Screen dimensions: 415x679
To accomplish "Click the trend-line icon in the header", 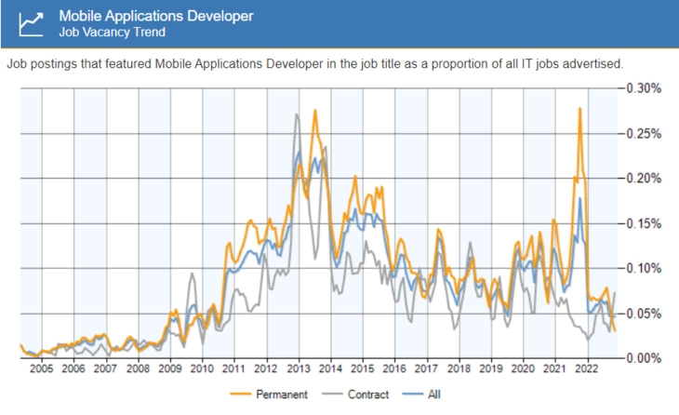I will [x=32, y=23].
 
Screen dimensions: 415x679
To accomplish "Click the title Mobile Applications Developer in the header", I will [x=155, y=16].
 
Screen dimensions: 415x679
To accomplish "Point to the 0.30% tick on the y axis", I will [x=642, y=88].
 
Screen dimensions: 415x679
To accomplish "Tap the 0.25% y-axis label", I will [x=642, y=133].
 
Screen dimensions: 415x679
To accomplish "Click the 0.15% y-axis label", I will [x=642, y=223].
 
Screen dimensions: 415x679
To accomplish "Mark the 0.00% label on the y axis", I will [x=642, y=358].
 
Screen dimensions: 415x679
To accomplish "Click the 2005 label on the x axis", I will [x=40, y=369].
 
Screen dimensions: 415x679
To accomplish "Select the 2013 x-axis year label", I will [x=299, y=369].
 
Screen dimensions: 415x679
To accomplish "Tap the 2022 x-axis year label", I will [x=587, y=369].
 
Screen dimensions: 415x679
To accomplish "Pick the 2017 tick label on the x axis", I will [x=427, y=369].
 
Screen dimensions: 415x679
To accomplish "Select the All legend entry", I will [x=433, y=395].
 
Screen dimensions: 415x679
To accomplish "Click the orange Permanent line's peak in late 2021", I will [x=579, y=109].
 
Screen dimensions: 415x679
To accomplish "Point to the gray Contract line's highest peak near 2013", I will [x=297, y=114].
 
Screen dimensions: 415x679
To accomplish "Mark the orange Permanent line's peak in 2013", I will [x=315, y=111].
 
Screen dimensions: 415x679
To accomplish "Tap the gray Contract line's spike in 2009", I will [x=193, y=274].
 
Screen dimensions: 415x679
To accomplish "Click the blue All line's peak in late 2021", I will [x=579, y=198].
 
